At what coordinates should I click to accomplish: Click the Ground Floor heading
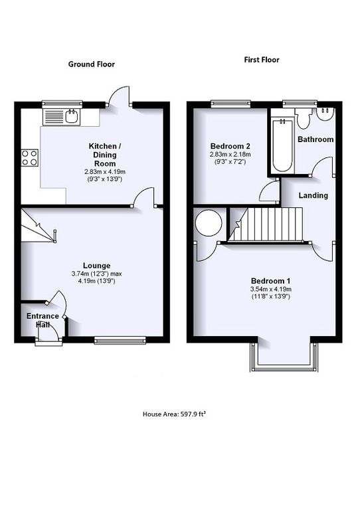[92, 64]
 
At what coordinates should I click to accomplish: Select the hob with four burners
[30, 157]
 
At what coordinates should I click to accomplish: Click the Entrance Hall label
[42, 321]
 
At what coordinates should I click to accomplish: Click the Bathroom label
[315, 139]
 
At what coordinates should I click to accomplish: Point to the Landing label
[312, 195]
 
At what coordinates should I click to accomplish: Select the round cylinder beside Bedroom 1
[208, 222]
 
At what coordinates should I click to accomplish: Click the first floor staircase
[268, 224]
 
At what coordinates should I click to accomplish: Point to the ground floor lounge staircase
[35, 226]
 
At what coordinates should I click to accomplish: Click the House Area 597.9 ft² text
[179, 413]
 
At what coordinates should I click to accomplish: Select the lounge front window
[120, 341]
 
